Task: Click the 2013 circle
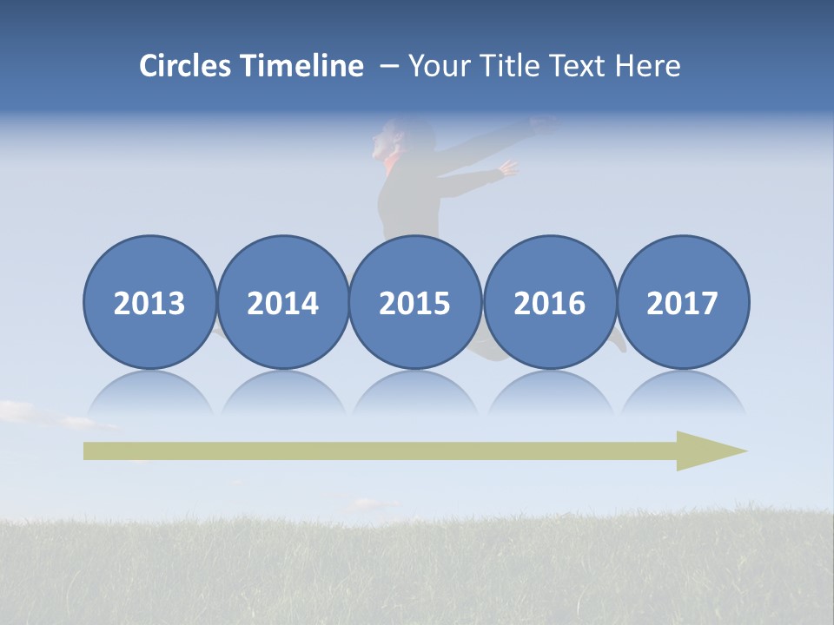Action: [149, 302]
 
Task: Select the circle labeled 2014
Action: [282, 302]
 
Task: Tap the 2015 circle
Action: [415, 302]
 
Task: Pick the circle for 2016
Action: [549, 302]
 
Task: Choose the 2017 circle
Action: [682, 302]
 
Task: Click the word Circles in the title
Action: [186, 66]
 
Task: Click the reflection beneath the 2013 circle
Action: [149, 393]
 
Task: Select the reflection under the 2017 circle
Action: [682, 393]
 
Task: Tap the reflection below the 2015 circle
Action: [415, 393]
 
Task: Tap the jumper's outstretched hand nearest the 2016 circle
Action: [507, 168]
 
